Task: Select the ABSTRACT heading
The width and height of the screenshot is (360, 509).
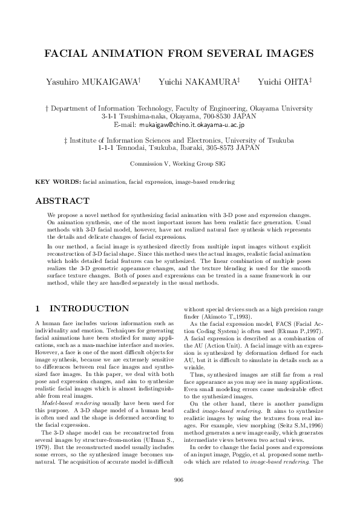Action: pos(63,201)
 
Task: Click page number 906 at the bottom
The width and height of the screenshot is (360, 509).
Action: pos(179,480)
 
